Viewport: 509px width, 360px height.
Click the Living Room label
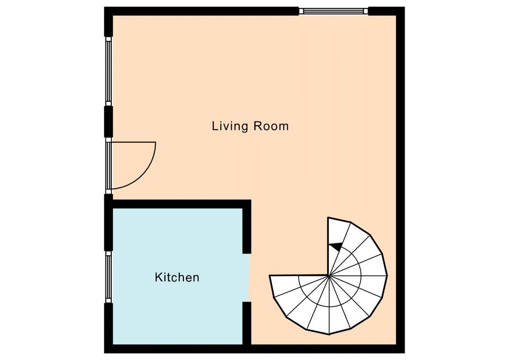click(250, 126)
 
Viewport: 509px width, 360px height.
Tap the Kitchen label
click(177, 277)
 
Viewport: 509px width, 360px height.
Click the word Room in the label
click(271, 126)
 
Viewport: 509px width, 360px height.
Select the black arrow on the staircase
click(336, 247)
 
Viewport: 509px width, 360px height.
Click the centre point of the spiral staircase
click(329, 276)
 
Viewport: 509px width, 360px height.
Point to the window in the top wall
click(334, 11)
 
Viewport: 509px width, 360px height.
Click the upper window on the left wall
click(108, 72)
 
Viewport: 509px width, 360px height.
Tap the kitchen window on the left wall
click(108, 277)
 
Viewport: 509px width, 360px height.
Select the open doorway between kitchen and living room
click(247, 277)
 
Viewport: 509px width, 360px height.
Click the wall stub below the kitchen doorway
click(247, 323)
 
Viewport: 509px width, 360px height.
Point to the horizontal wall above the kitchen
click(178, 204)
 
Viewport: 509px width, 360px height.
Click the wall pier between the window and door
click(108, 122)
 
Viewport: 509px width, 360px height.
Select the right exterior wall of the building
click(401, 180)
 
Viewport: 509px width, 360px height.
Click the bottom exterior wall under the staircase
click(328, 349)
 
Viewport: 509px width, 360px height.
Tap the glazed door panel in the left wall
click(108, 165)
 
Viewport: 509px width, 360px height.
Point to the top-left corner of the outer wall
click(104, 7)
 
